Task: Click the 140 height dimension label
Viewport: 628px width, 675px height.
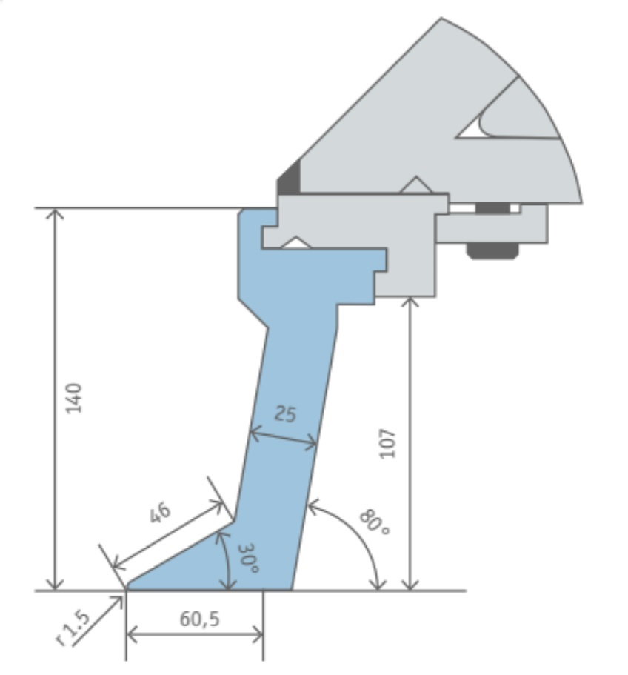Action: pyautogui.click(x=73, y=397)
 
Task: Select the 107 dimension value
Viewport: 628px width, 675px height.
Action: pyautogui.click(x=387, y=443)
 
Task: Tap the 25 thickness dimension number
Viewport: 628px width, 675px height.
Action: pyautogui.click(x=285, y=413)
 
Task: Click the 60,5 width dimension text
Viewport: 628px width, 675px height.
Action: pyautogui.click(x=200, y=619)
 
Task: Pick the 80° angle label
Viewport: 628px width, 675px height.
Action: pyautogui.click(x=373, y=522)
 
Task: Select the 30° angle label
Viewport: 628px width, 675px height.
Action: pyautogui.click(x=249, y=559)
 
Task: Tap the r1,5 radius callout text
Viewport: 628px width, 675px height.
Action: pyautogui.click(x=73, y=629)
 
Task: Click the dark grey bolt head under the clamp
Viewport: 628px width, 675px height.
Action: pyautogui.click(x=492, y=251)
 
